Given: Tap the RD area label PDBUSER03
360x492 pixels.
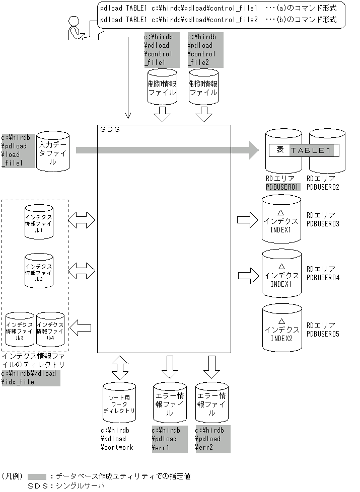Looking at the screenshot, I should click(x=323, y=223).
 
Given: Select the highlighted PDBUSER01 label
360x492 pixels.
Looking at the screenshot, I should click(x=282, y=187).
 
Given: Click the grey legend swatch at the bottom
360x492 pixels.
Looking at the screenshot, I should click(x=37, y=475).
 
